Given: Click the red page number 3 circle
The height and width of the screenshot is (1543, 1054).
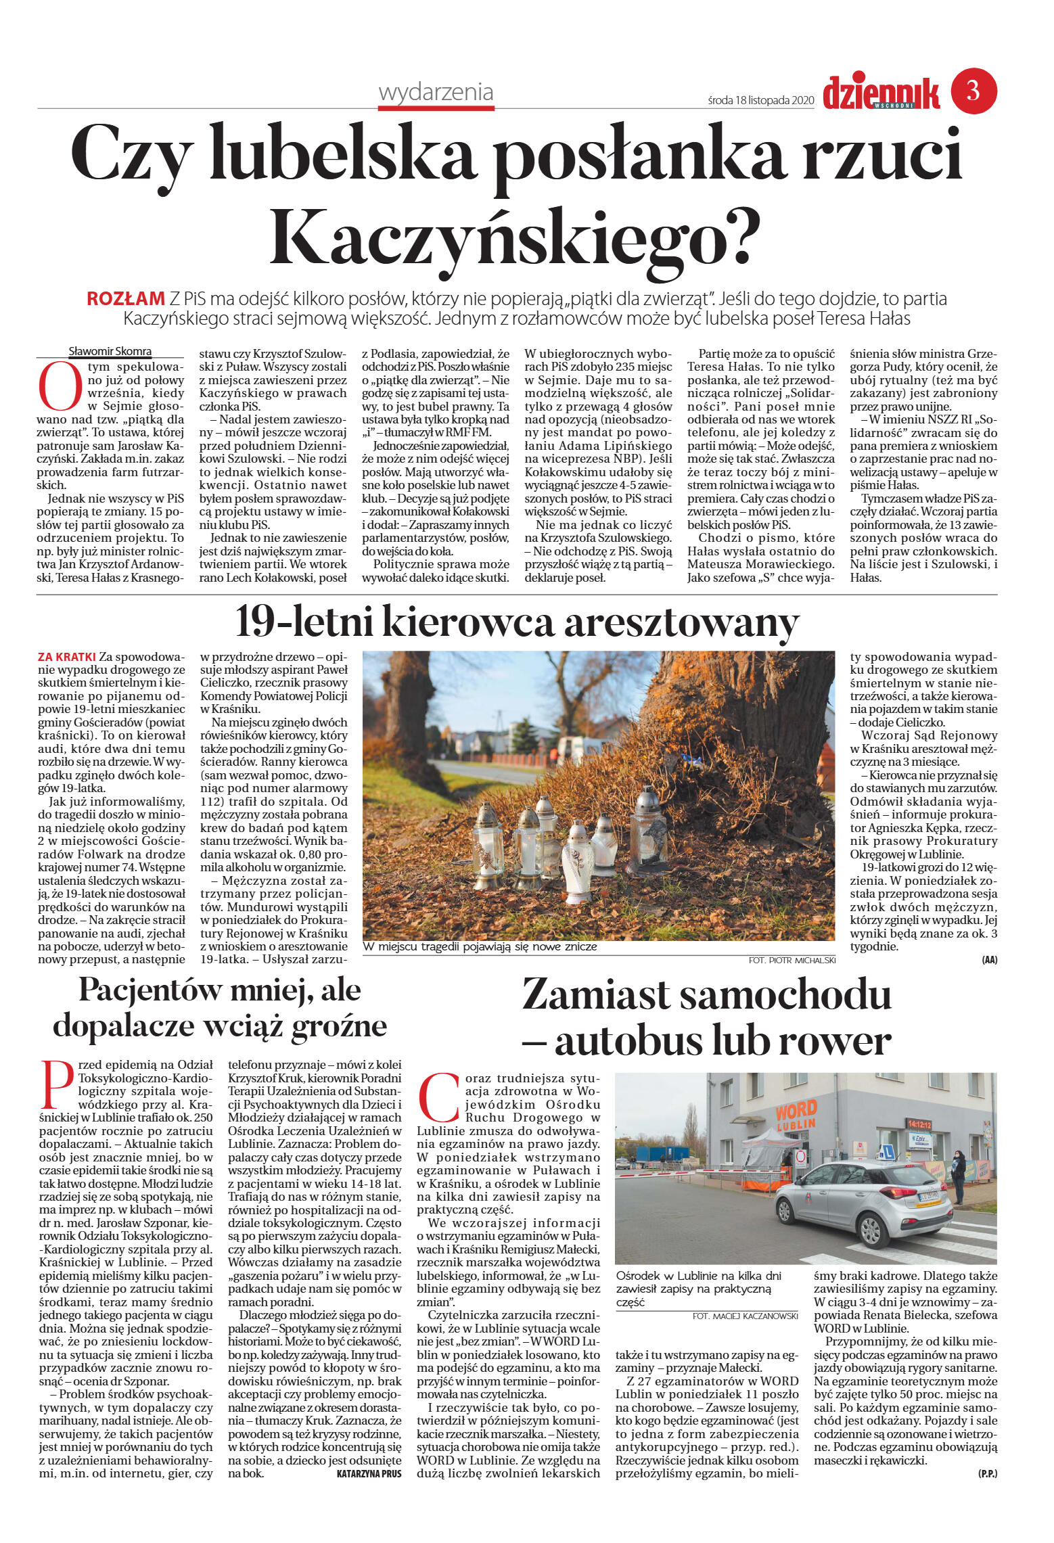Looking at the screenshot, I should [973, 91].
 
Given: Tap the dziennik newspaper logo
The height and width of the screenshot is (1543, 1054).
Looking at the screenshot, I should [881, 93].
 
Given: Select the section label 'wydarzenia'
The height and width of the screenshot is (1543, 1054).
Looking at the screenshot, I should [436, 92].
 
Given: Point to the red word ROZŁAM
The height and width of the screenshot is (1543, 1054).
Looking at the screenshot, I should [126, 298].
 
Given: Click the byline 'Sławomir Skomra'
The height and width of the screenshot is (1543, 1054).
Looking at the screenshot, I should [110, 351].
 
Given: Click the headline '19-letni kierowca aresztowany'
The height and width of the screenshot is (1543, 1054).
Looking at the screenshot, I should [517, 622].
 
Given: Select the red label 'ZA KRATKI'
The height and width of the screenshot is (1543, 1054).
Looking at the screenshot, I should [67, 657].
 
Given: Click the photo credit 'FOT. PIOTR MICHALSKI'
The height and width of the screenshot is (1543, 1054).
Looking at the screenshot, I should [792, 960].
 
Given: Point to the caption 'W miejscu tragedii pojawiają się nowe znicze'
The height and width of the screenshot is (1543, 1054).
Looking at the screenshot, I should [480, 947].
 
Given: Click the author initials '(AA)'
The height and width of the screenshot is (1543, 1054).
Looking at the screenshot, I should [989, 960].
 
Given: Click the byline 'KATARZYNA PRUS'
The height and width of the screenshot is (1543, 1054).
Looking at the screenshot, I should [369, 1474].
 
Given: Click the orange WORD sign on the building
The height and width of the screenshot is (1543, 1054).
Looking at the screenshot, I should [796, 1111].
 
